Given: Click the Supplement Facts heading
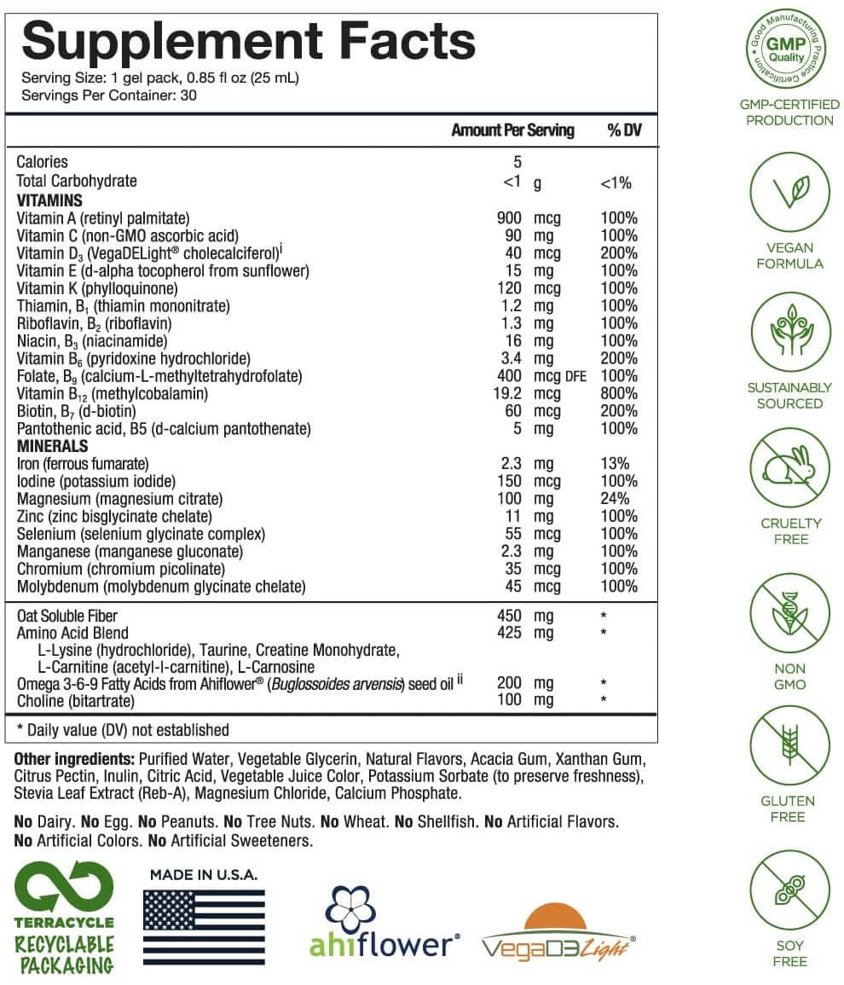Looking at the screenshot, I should (x=247, y=40).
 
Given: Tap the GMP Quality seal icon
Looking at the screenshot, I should (x=789, y=50).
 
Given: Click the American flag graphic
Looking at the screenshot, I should (x=204, y=927).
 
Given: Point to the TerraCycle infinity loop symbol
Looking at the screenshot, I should (x=64, y=887).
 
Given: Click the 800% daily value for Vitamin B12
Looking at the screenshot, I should (x=618, y=394).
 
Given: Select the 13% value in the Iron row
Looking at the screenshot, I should (x=615, y=464).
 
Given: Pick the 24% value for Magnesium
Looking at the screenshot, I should (x=615, y=499).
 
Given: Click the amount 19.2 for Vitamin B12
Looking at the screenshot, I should (x=505, y=394).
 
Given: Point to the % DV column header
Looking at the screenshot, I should (x=624, y=130).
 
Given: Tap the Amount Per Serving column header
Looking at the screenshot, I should (x=512, y=130).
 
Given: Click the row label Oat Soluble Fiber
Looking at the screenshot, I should (x=66, y=616).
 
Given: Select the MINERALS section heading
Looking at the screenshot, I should (x=52, y=446).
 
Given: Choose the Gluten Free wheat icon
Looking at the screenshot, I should (x=789, y=748).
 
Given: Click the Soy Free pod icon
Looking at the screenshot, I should (x=789, y=892).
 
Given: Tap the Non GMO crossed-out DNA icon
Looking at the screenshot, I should (x=789, y=613).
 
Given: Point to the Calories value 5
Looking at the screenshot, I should (x=517, y=162).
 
